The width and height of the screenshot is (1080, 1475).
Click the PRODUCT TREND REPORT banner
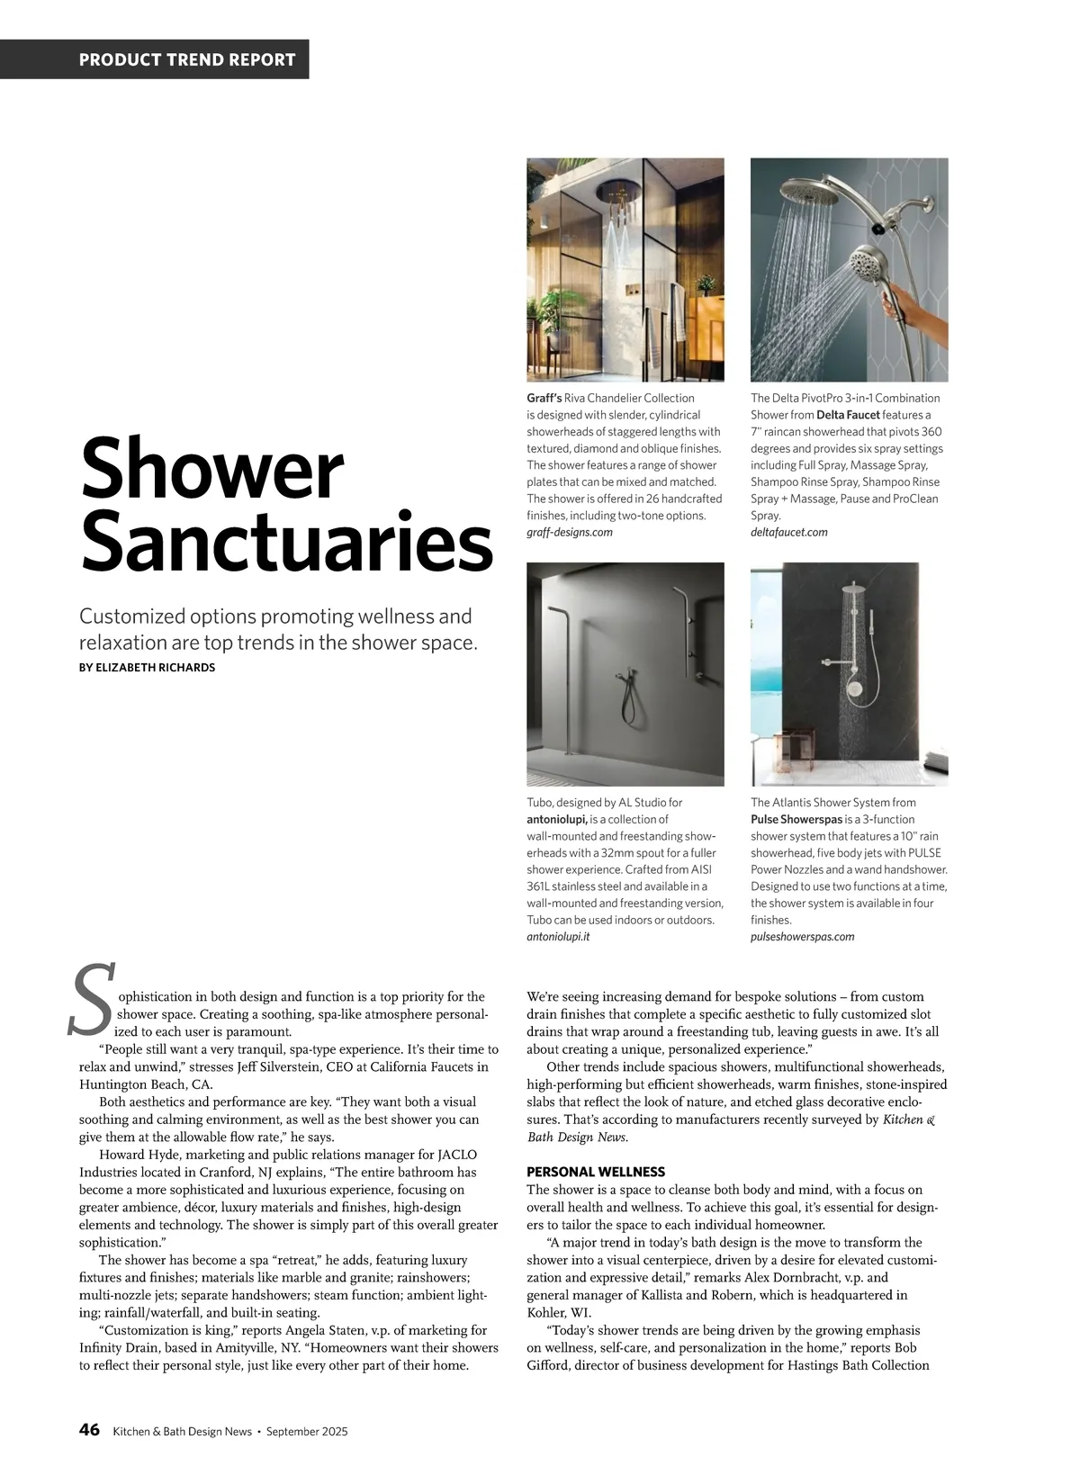187,60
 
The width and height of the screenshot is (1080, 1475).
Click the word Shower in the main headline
212,470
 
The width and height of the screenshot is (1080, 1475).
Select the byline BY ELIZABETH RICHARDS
148,668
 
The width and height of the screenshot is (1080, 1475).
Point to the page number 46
89,1430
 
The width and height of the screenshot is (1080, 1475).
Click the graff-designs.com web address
569,533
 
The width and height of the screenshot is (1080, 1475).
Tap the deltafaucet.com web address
789,533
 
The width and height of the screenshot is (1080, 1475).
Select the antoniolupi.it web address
558,937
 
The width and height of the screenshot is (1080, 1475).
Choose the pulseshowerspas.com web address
803,937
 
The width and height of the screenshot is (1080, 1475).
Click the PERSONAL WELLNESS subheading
596,1172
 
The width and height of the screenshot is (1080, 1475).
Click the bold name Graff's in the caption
544,398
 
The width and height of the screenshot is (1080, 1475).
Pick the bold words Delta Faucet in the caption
848,415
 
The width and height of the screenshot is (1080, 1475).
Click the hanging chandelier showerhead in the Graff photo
620,193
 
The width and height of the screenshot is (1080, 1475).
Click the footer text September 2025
307,1432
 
